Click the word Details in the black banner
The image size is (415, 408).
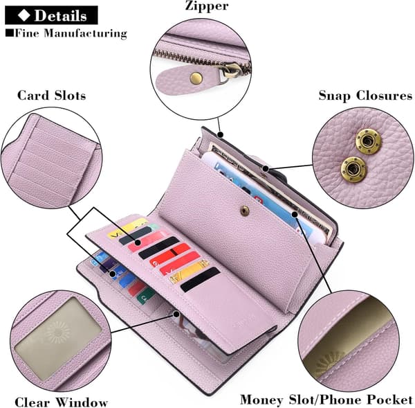[60, 15]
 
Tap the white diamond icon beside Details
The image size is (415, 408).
[24, 15]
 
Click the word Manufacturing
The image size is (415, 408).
[85, 34]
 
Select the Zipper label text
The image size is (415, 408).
[206, 6]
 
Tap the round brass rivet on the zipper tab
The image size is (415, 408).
[196, 78]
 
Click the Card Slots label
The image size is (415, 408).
[52, 96]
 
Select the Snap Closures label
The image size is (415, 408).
[365, 96]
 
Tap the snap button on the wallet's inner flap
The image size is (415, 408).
[245, 211]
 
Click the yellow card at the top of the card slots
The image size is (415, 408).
[127, 228]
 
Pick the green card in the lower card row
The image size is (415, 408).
[145, 296]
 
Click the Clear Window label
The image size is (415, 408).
[61, 402]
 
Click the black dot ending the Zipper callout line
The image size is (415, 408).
[221, 135]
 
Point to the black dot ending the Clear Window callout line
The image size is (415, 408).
[176, 314]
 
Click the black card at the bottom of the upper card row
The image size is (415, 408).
[200, 279]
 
